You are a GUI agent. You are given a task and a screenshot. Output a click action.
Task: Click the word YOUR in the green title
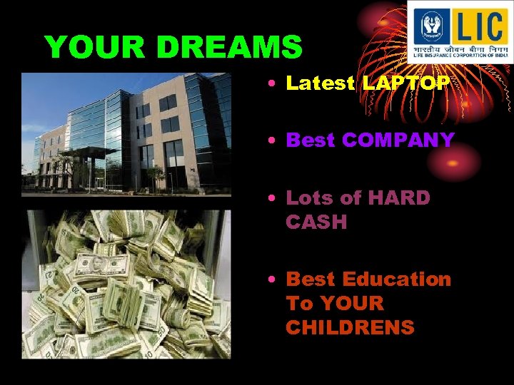[96, 48]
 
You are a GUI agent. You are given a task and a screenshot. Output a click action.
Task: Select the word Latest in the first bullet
[320, 83]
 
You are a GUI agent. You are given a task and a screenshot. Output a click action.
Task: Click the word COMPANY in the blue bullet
[398, 140]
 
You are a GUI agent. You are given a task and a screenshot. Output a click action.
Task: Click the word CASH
[316, 222]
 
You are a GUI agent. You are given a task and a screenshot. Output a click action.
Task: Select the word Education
[397, 279]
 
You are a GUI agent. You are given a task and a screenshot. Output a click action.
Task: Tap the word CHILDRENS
[350, 327]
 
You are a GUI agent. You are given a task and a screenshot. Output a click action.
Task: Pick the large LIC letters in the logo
[480, 27]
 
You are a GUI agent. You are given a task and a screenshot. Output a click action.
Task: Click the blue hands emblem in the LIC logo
[431, 27]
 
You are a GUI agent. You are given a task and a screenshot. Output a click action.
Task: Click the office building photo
[126, 134]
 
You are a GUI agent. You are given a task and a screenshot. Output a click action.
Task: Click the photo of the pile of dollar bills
[126, 284]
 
